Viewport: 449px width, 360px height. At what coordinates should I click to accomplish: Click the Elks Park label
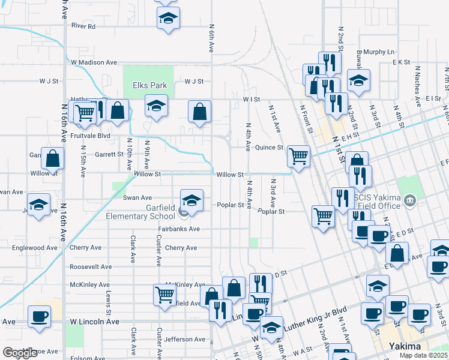click(x=149, y=86)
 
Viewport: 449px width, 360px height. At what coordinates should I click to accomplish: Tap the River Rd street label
click(x=83, y=26)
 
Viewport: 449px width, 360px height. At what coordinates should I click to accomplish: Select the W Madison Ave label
click(x=94, y=62)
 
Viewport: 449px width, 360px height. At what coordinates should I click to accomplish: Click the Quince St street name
click(x=269, y=148)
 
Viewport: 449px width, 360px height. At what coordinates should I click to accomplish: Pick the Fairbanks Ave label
click(x=179, y=229)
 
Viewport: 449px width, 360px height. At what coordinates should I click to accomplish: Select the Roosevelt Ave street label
click(x=91, y=267)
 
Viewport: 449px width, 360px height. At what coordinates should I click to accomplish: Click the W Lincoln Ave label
click(x=95, y=322)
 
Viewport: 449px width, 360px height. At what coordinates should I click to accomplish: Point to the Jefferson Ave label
click(x=185, y=340)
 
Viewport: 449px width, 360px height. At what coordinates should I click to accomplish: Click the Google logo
click(x=20, y=353)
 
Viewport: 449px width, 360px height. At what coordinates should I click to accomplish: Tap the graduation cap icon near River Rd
click(x=168, y=19)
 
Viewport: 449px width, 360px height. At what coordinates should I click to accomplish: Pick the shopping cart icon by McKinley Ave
click(x=164, y=295)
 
